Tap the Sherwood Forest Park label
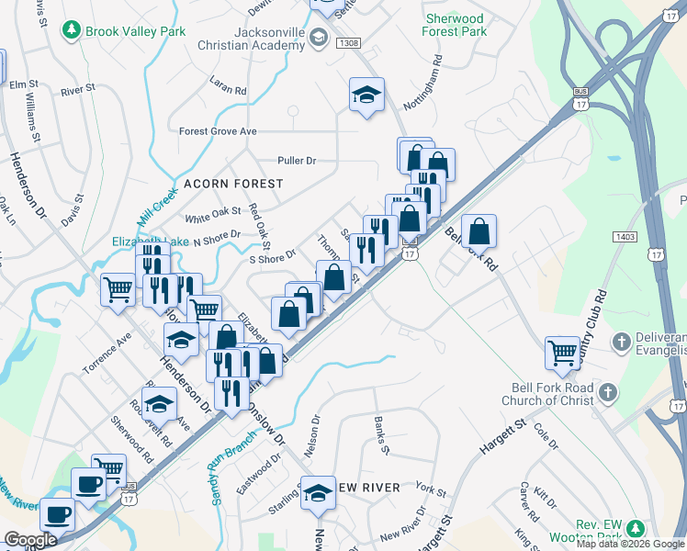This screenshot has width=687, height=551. (x=455, y=25)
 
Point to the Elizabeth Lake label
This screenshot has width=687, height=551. (x=151, y=242)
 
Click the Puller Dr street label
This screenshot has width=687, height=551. (x=297, y=161)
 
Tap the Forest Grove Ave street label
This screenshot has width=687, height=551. (x=218, y=131)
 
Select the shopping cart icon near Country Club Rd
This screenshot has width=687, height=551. (x=562, y=351)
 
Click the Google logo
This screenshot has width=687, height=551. (x=30, y=540)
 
